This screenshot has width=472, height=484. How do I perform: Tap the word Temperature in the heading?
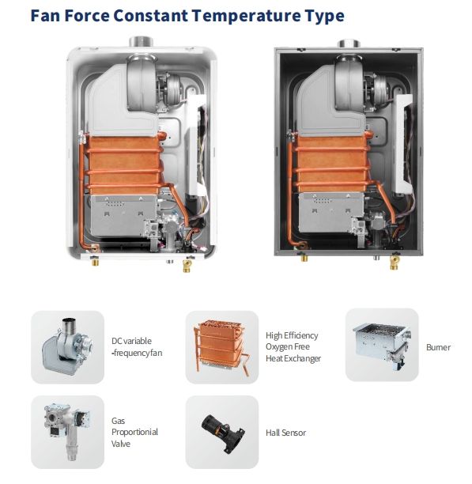(246, 16)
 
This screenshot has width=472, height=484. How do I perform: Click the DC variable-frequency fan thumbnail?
(67, 347)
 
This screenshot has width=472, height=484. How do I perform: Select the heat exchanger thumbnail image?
(222, 347)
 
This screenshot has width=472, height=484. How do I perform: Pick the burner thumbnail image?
(382, 345)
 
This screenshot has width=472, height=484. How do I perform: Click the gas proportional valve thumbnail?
(67, 432)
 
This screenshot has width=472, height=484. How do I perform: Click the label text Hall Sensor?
(285, 433)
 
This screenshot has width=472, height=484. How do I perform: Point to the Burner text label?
(438, 347)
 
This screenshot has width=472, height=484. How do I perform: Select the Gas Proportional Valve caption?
(134, 432)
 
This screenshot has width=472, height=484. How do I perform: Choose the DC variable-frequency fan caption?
(137, 347)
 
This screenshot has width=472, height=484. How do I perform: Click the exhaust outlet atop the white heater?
(141, 42)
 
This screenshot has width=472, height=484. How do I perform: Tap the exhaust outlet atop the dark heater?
(349, 43)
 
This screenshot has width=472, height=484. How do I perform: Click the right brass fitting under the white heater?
(187, 266)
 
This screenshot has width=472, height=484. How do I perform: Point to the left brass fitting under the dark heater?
(304, 257)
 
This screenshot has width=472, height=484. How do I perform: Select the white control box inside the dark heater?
(402, 145)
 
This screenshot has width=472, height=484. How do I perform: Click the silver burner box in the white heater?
(124, 215)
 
